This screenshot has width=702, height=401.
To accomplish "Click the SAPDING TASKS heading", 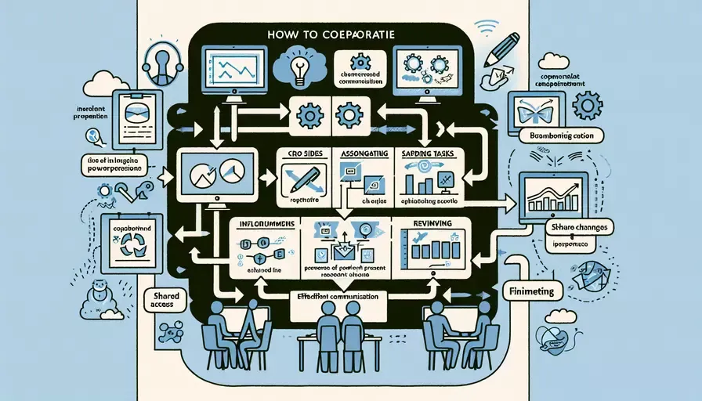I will [x=429, y=154].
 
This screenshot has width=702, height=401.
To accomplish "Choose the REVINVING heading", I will [x=428, y=224].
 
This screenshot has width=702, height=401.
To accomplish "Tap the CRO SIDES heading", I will [x=299, y=154].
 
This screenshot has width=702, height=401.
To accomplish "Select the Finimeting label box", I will [x=532, y=291].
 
